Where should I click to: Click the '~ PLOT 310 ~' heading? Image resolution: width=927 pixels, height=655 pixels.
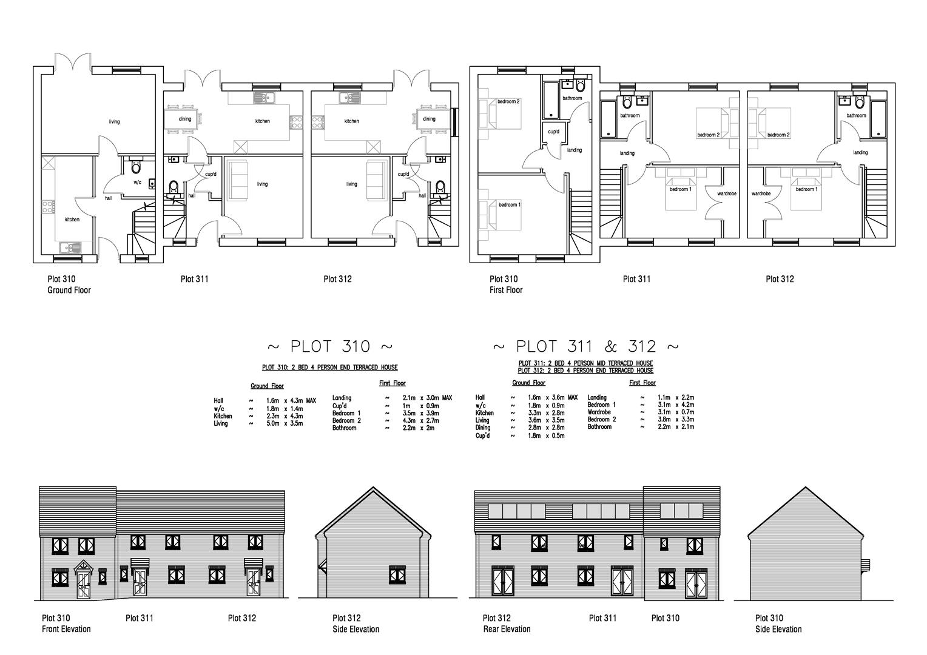pos(329,346)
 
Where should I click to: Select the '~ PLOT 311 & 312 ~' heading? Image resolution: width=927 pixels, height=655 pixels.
pos(585,346)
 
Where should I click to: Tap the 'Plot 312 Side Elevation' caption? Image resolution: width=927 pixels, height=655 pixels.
pos(356,623)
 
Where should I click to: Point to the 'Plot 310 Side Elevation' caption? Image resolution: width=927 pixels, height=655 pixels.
pos(778,623)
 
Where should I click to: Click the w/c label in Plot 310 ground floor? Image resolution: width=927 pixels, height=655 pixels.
pos(137,182)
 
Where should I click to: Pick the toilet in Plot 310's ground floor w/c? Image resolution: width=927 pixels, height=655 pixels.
pos(136,166)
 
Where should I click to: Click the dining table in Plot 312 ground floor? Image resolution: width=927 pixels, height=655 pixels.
pos(430,119)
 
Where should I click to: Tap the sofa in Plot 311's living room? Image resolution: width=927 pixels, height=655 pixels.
pos(236,181)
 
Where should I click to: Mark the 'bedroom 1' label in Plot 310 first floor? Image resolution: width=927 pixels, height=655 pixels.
pos(510,205)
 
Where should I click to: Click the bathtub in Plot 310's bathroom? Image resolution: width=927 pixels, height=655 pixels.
pos(550,100)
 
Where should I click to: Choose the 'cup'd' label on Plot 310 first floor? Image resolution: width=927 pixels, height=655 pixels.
pos(553,132)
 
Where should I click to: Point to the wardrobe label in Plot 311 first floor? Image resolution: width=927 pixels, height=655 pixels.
pos(727,194)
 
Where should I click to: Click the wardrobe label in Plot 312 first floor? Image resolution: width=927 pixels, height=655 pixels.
pos(761,194)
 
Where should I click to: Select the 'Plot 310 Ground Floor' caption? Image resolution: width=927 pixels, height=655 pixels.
pos(69,284)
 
